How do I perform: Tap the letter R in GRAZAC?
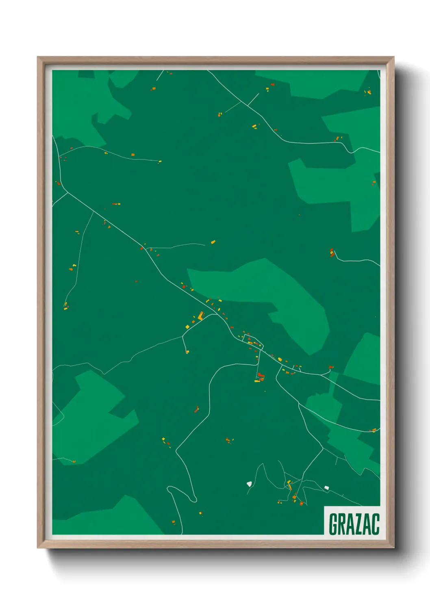pos(343,524)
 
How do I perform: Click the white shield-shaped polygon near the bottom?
pos(249,484)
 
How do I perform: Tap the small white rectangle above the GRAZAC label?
pos(326,488)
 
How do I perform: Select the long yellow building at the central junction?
pos(200,316)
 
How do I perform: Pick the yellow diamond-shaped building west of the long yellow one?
pos(187,326)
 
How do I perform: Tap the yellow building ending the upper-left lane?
pos(160,162)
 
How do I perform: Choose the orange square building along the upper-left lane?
pos(133,155)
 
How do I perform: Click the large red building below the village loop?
pos(261,376)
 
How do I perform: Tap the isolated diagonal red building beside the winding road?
pos(197,409)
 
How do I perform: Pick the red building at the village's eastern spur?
pos(331,367)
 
